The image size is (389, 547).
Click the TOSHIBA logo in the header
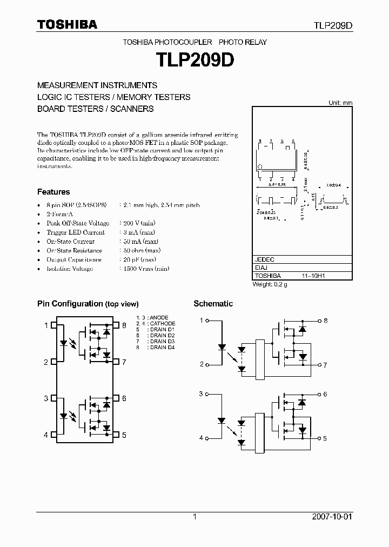67,24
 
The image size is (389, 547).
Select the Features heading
53,192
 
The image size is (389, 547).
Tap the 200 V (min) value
138,223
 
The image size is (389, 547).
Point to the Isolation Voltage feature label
70,269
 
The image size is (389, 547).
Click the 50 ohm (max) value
139,251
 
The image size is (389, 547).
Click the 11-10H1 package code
312,276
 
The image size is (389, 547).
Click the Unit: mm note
340,103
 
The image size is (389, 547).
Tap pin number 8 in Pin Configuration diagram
124,325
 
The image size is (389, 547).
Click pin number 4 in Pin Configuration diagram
46,435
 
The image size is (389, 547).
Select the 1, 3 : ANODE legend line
152,317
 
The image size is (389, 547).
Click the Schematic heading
213,304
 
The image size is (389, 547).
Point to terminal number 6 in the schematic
325,395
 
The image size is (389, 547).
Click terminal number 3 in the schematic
201,394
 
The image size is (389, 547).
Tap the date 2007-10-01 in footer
332,517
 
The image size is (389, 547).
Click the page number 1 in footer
194,517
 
